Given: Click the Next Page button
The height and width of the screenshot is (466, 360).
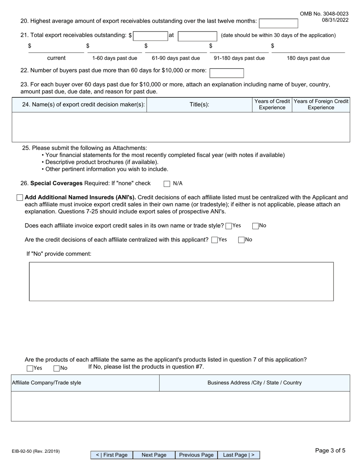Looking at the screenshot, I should (x=154, y=455).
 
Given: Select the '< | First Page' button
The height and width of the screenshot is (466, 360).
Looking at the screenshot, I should (x=112, y=455).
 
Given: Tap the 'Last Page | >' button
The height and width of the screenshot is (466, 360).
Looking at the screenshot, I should (x=239, y=455).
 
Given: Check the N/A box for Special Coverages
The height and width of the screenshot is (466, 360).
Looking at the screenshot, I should (x=167, y=184).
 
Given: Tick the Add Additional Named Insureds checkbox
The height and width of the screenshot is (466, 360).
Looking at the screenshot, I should (x=20, y=198).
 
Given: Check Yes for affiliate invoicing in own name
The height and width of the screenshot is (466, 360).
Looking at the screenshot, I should (x=229, y=226).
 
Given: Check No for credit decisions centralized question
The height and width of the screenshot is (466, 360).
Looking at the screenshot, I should (x=241, y=240).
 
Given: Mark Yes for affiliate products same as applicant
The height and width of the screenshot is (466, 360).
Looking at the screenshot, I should (x=30, y=368).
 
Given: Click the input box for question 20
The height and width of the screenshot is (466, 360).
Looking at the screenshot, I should (x=278, y=23).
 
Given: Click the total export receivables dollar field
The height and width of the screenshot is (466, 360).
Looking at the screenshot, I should (x=149, y=36).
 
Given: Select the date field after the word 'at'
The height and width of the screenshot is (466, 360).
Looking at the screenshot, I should (x=197, y=36).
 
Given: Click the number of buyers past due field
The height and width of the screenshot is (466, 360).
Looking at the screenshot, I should (x=227, y=73).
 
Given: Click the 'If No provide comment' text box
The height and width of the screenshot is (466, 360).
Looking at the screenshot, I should (x=181, y=281).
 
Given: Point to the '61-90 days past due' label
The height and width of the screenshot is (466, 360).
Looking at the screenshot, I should (x=176, y=58).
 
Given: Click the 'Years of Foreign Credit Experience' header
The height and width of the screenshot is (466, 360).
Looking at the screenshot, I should (x=321, y=105).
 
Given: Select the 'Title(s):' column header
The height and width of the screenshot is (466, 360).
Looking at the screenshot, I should (x=199, y=105).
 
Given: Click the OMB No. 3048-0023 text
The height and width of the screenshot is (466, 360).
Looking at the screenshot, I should (x=324, y=14).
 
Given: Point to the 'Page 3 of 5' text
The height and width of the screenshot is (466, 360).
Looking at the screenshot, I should (x=330, y=450).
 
